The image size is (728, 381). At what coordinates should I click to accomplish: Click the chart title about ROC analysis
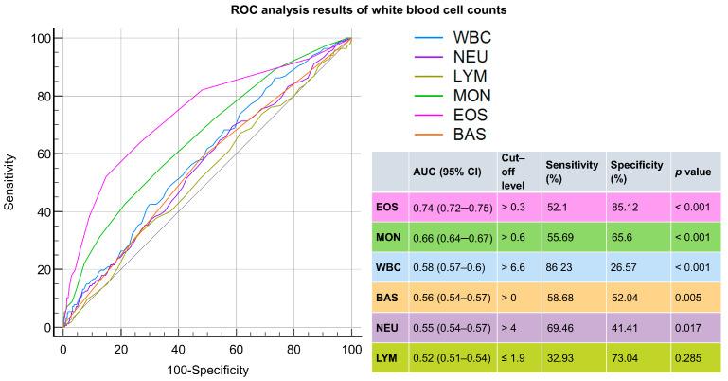click(x=364, y=10)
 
